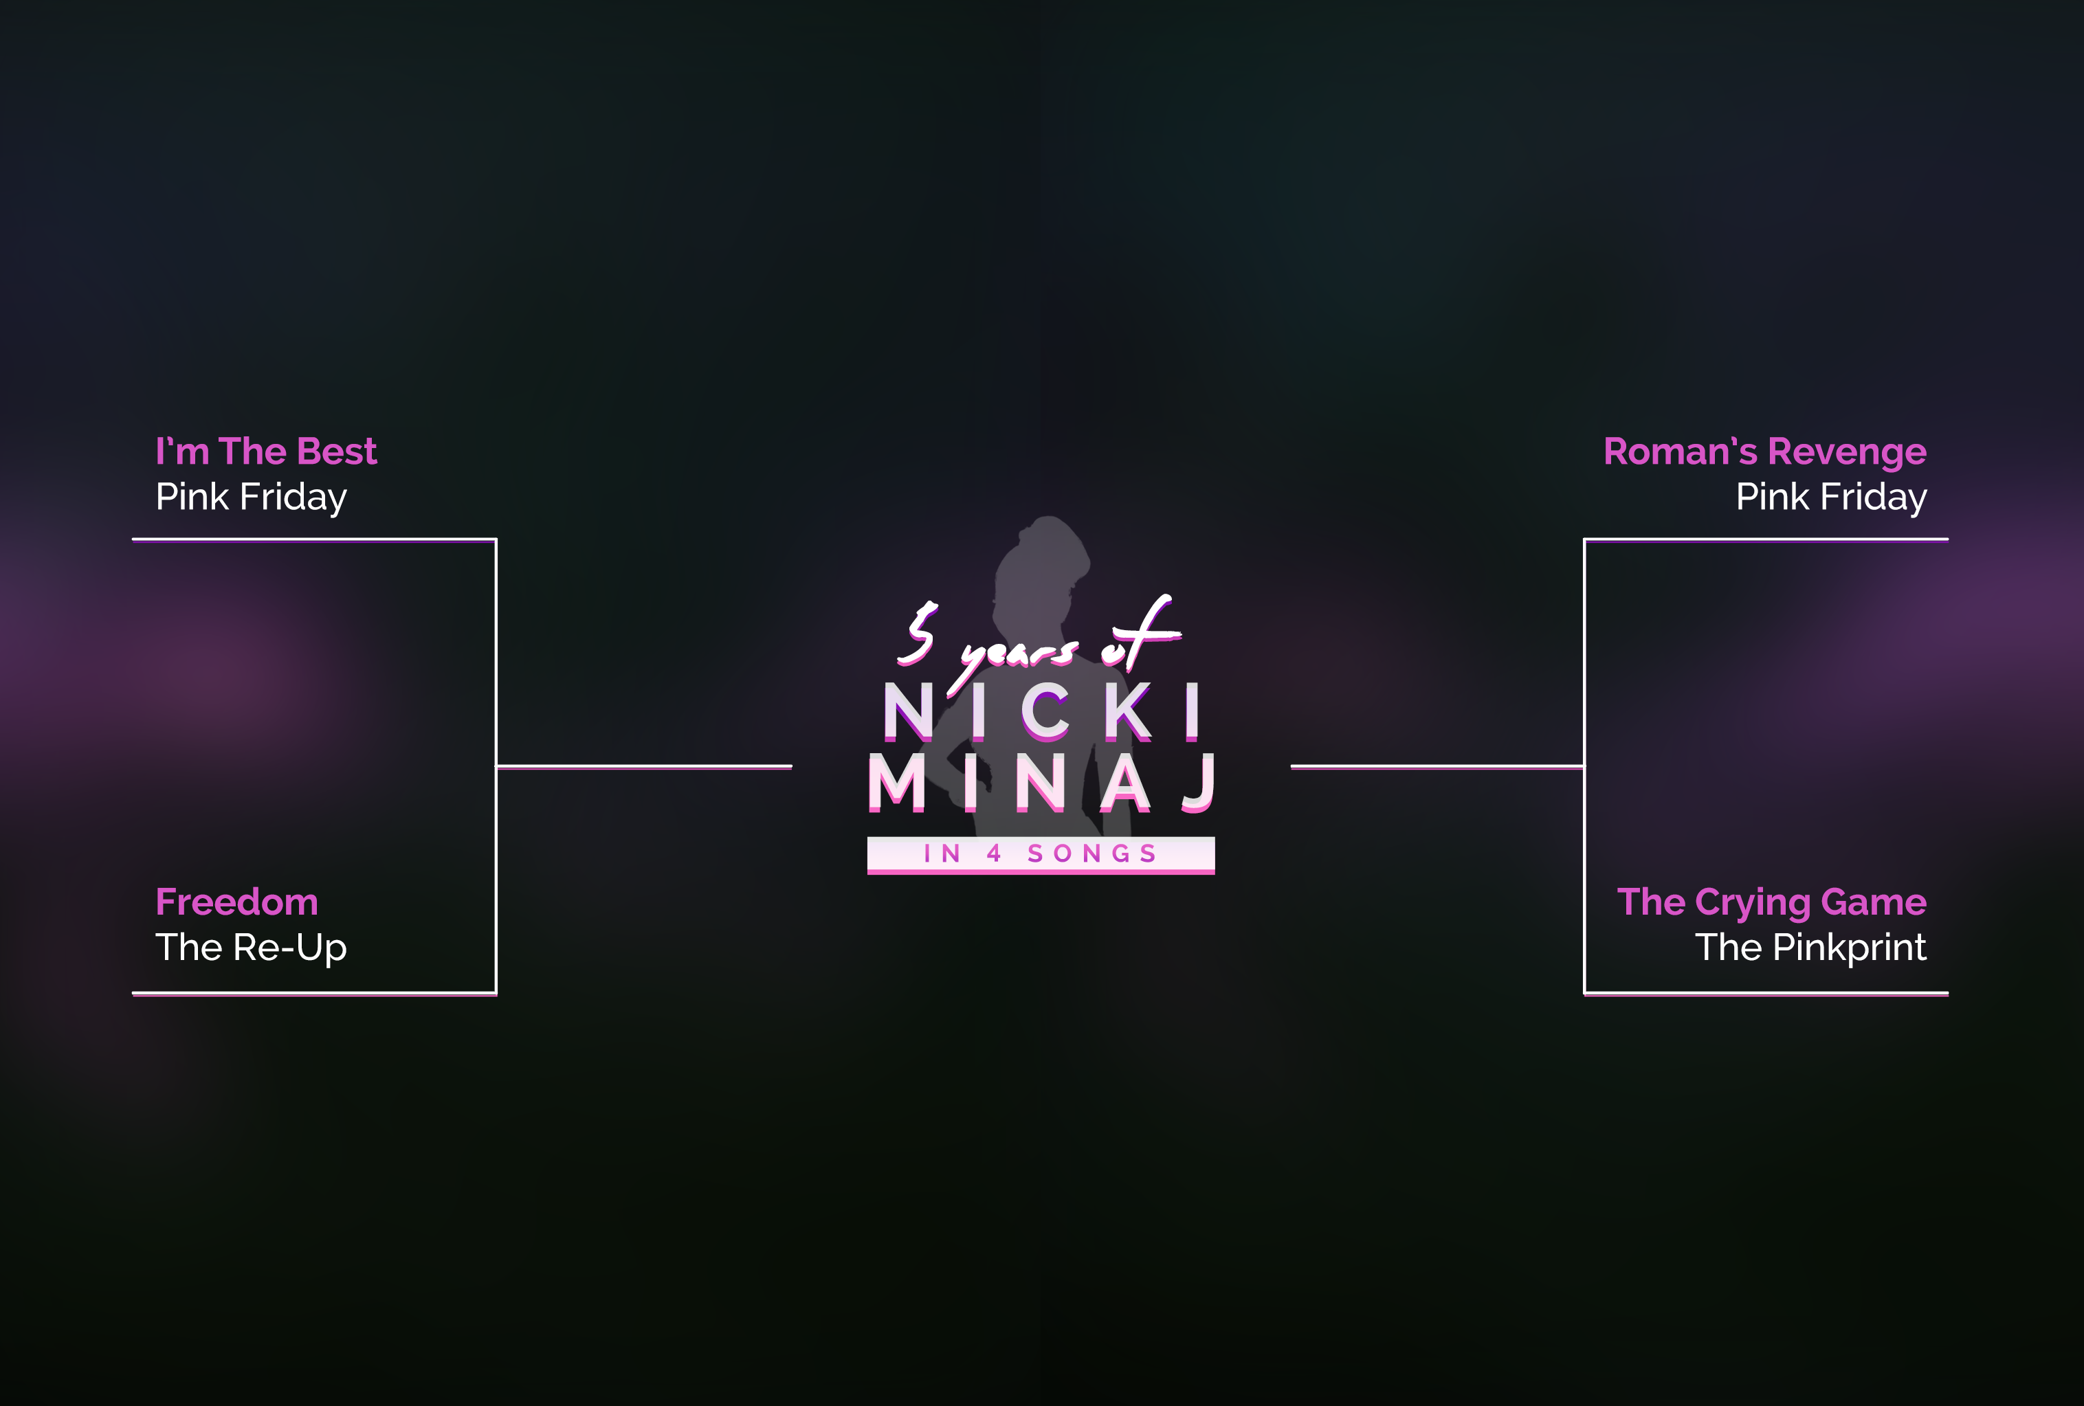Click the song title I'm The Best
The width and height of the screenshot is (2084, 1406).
265,451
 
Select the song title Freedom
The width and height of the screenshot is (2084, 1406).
236,902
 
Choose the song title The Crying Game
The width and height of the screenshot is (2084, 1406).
1771,902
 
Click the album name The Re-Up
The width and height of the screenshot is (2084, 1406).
251,948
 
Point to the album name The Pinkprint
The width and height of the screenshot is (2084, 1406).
1810,948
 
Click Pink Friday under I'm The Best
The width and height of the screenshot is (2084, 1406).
251,497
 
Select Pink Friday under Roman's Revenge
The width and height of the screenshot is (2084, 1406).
1830,497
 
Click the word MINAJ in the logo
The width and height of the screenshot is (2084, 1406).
1040,783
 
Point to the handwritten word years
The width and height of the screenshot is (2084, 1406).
1018,653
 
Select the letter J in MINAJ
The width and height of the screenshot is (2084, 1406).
1199,783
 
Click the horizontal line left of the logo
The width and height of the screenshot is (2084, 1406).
644,767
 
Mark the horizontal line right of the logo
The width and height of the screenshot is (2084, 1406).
1437,767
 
